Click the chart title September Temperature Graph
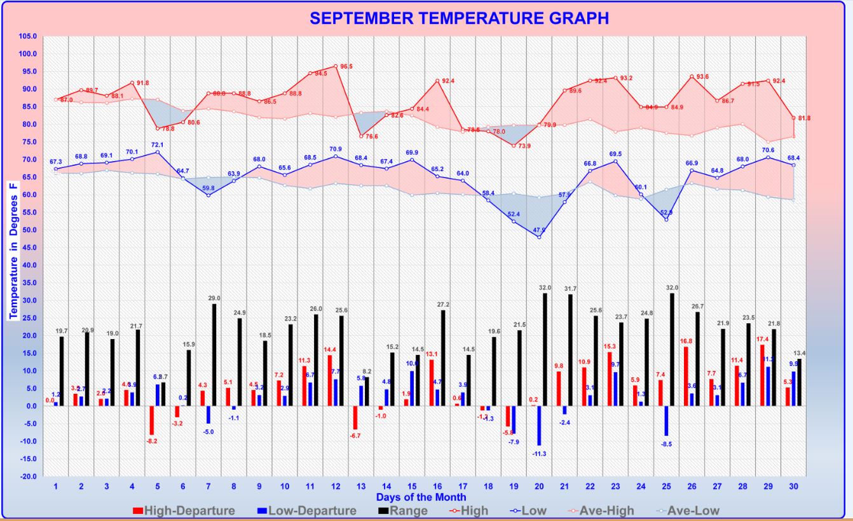[459, 18]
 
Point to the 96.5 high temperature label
[346, 66]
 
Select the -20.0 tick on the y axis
[29, 476]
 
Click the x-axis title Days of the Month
[421, 497]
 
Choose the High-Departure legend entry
[184, 510]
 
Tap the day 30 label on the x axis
[793, 487]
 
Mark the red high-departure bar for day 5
[152, 420]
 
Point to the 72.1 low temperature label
[157, 145]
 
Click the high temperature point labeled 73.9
[514, 146]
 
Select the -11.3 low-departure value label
[539, 453]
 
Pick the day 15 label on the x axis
[412, 487]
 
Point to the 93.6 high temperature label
[702, 76]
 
